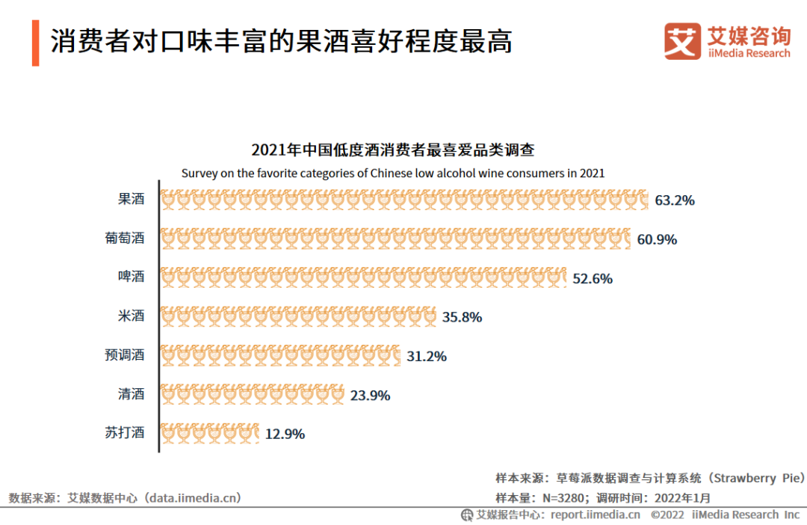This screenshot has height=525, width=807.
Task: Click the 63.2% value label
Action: [675, 200]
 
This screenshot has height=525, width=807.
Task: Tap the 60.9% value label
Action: [657, 239]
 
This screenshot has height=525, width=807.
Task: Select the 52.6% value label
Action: [593, 278]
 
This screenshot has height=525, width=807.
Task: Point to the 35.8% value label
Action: [462, 317]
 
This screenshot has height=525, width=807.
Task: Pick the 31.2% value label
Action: [427, 356]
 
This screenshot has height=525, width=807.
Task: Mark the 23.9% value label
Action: [371, 395]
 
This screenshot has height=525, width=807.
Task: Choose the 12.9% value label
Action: [285, 434]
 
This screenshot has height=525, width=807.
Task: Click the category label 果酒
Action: [131, 200]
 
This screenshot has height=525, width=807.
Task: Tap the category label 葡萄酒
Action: [124, 239]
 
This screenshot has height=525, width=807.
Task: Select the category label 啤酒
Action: [131, 277]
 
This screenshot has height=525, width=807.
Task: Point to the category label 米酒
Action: [131, 316]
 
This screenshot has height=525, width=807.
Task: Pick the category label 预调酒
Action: [124, 354]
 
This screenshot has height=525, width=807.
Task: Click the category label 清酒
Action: [131, 393]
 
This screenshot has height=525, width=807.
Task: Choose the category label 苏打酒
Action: [124, 432]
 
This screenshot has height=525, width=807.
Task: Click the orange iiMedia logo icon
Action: [682, 41]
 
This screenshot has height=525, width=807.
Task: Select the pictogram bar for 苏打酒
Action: [210, 433]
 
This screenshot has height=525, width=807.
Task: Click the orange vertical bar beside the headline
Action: [35, 43]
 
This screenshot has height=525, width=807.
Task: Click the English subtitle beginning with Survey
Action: [393, 173]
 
